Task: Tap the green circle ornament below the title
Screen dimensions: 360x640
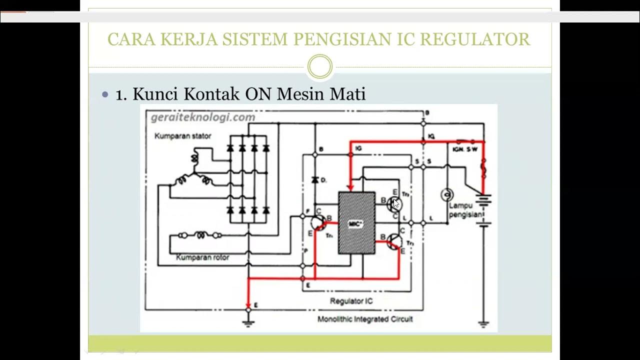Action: pos(319,66)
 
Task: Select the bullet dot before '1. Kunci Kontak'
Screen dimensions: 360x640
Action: pos(105,94)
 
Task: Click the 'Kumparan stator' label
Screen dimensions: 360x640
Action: pos(182,136)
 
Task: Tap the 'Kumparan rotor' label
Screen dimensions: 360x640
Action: pos(202,257)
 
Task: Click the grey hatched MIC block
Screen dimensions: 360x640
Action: pos(356,222)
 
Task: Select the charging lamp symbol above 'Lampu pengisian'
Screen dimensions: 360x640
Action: pos(446,194)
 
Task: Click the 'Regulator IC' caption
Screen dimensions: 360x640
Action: pos(351,301)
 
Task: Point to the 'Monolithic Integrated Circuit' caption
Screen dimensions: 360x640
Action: pos(365,319)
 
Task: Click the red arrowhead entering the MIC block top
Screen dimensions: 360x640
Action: pos(350,187)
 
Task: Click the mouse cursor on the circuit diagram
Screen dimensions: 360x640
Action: pos(396,203)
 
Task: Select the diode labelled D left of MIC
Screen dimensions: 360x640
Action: pos(315,179)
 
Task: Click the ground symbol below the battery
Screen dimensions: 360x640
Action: pos(483,323)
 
